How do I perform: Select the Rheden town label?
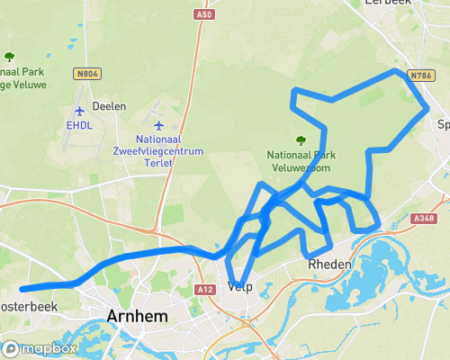point(328,265)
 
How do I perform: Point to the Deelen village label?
point(109,105)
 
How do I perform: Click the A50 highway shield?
point(204,15)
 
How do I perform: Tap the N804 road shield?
point(87,75)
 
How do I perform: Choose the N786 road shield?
point(421,76)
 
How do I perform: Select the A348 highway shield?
point(423,219)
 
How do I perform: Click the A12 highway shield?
point(205,289)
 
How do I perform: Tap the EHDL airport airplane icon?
point(79,111)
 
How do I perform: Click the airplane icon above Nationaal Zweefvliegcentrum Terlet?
point(159,125)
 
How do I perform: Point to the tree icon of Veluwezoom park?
point(300,139)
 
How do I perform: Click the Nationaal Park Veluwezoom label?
point(300,161)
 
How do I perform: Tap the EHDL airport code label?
point(79,125)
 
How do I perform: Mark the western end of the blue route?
point(22,289)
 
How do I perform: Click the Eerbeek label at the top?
point(389,3)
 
